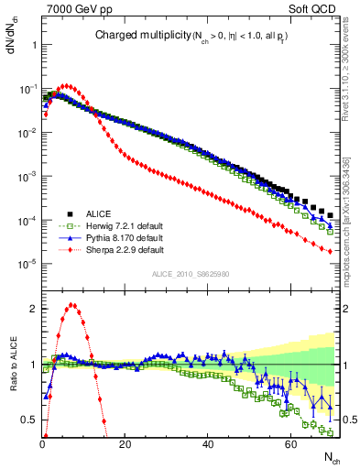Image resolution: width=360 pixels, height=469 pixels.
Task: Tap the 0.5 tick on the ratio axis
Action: tap(30, 420)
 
